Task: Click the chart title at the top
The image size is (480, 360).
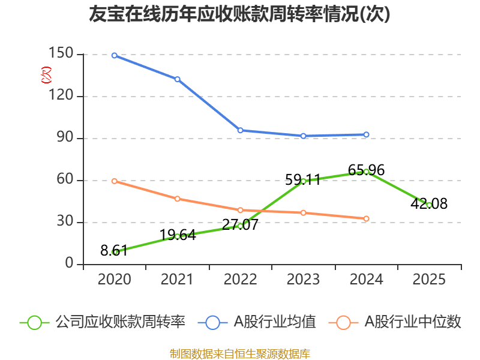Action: click(x=239, y=14)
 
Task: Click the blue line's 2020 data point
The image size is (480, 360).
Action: click(x=114, y=55)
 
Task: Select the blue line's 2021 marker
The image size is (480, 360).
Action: click(x=177, y=79)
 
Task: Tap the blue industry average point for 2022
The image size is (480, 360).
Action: click(x=240, y=130)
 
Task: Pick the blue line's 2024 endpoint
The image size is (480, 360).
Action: click(x=366, y=134)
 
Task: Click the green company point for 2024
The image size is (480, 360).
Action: click(x=366, y=172)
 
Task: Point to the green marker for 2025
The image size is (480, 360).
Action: click(x=429, y=205)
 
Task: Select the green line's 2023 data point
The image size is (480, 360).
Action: click(x=303, y=181)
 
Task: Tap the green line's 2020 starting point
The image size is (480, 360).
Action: click(x=114, y=252)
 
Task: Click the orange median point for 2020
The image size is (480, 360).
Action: click(x=114, y=181)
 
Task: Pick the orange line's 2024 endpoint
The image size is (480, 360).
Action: click(x=366, y=218)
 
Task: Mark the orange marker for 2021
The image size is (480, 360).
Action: click(x=177, y=199)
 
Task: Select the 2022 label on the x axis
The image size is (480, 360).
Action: click(x=240, y=280)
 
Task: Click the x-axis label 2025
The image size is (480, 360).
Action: click(x=429, y=280)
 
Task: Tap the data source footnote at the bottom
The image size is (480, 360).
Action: click(x=239, y=353)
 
